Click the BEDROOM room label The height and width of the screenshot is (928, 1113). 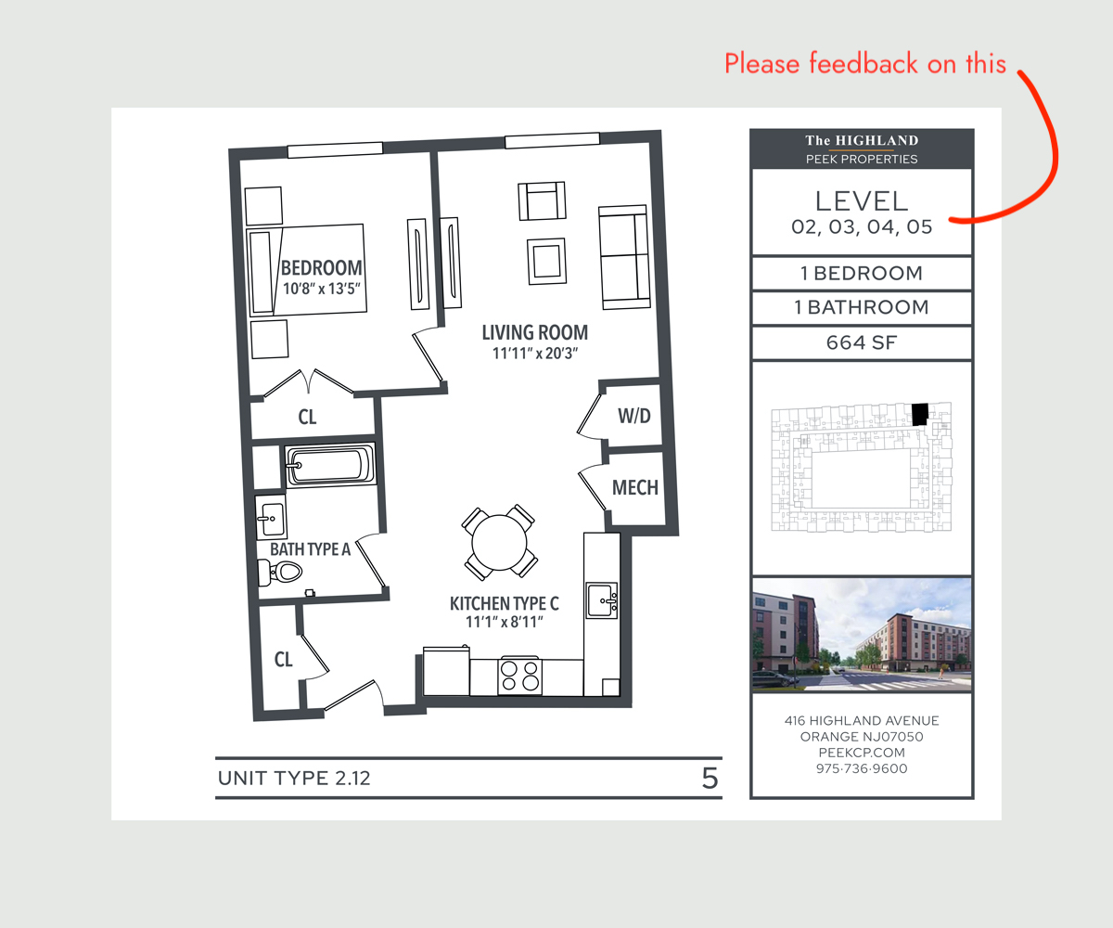pos(322,267)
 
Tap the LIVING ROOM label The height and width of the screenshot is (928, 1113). pos(535,332)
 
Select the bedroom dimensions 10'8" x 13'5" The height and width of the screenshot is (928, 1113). pos(322,289)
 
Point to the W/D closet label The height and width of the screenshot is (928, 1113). pos(634,416)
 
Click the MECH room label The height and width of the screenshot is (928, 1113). pos(634,487)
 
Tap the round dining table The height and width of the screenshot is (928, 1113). pos(499,542)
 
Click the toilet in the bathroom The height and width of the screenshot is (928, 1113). pos(280,573)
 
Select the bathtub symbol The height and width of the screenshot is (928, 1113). pos(330,465)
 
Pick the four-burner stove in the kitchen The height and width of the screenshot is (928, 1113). pos(519,676)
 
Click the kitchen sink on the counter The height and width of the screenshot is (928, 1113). pos(602,600)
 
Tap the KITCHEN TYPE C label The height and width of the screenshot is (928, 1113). pos(505,603)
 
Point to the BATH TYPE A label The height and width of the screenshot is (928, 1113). pos(310,548)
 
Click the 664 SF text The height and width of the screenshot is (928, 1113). pos(862,342)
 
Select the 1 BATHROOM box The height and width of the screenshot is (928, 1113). pos(862,307)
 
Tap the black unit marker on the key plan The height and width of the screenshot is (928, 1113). pos(920,414)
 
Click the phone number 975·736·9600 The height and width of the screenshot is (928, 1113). pos(862,768)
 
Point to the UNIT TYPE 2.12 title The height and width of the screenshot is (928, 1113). pos(294,779)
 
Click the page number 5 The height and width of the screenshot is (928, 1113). pos(710,779)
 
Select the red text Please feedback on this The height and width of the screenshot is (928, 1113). pos(865,63)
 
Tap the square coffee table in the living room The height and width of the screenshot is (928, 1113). pos(547,262)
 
